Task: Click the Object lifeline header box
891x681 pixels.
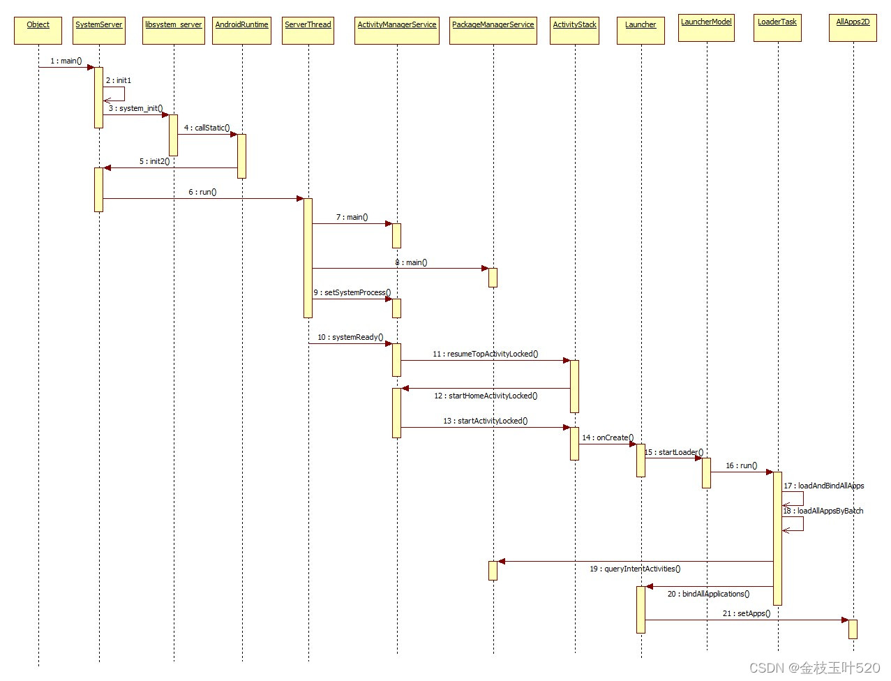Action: click(38, 30)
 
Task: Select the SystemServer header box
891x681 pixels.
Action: click(98, 30)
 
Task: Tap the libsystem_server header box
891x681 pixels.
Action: click(174, 30)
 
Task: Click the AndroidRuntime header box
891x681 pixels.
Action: click(241, 30)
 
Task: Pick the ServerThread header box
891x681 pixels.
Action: click(308, 30)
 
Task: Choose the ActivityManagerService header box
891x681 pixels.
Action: click(396, 30)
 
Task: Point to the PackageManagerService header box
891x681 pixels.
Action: click(493, 30)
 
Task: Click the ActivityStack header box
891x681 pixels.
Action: click(574, 30)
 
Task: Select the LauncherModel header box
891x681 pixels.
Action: click(706, 27)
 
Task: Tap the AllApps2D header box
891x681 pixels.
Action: click(853, 27)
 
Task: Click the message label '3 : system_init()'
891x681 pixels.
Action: click(135, 108)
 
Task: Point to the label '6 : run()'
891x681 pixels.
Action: click(202, 192)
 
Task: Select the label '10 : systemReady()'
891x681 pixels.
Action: click(350, 337)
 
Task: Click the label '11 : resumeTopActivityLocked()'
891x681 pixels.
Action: click(485, 354)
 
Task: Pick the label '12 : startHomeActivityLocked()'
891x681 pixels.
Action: click(486, 396)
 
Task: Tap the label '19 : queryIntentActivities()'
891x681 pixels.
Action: click(635, 569)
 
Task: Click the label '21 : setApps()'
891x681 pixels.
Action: click(746, 613)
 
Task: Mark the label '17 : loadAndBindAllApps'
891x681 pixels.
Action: click(823, 486)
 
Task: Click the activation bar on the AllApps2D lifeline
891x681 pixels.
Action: click(853, 629)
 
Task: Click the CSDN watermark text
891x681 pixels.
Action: click(814, 668)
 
